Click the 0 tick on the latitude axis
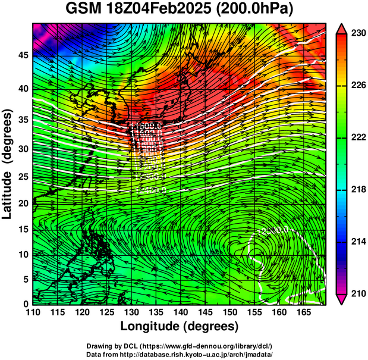click(26, 304)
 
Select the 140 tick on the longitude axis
click(180, 312)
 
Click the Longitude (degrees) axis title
click(180, 326)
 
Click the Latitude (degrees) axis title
click(8, 164)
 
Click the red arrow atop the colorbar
click(342, 28)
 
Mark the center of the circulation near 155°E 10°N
click(257, 257)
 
